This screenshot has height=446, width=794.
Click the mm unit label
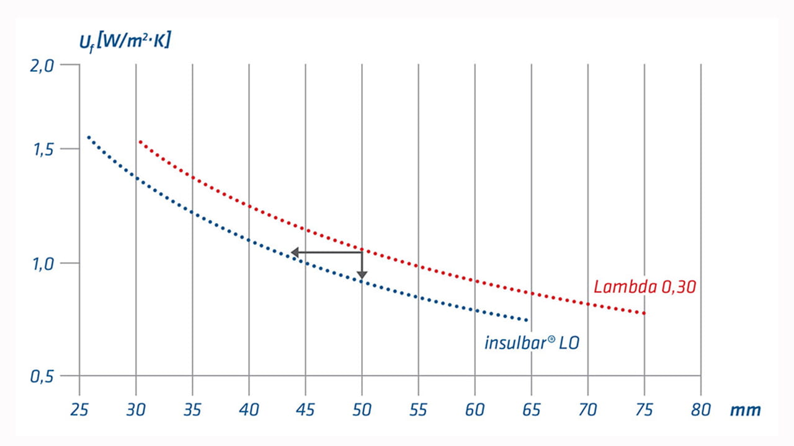745,409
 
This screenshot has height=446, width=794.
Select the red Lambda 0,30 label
645,287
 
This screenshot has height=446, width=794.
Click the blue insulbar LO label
532,343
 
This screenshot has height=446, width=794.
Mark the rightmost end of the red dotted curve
645,313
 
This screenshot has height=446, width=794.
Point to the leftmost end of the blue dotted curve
88,137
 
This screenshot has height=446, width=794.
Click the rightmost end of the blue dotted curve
527,320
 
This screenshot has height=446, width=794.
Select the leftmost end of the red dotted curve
140,142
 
